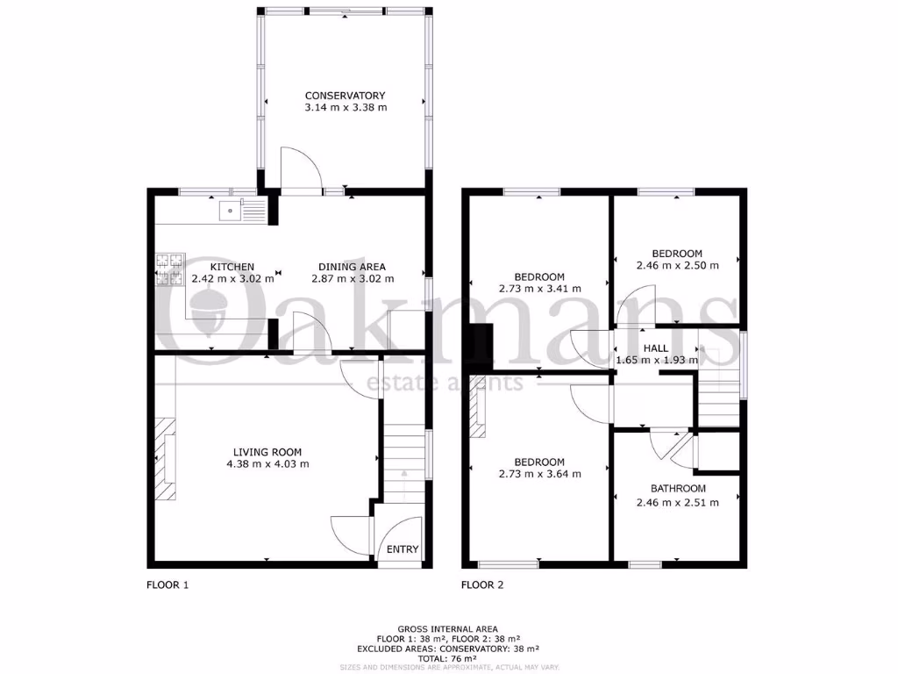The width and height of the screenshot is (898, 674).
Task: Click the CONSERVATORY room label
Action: tap(345, 96)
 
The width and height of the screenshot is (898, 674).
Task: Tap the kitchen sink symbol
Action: tap(229, 211)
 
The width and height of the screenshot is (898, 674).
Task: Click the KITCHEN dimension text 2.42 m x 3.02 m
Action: tap(232, 279)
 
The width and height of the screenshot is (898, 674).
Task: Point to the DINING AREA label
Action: tap(352, 267)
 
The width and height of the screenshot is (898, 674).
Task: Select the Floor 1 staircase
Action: tap(403, 456)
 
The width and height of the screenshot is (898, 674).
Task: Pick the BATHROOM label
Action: tap(678, 489)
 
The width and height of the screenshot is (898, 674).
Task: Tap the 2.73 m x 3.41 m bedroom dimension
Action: tap(539, 288)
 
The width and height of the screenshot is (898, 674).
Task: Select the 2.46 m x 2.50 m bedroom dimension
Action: tap(677, 265)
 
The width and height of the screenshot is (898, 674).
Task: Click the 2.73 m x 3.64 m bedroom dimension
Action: tap(539, 474)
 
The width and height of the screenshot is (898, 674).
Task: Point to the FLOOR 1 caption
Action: tap(167, 584)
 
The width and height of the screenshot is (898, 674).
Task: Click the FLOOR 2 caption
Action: tap(482, 584)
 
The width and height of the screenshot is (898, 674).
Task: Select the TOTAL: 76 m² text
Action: tap(448, 658)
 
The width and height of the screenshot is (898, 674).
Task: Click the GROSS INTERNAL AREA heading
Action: tap(448, 629)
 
